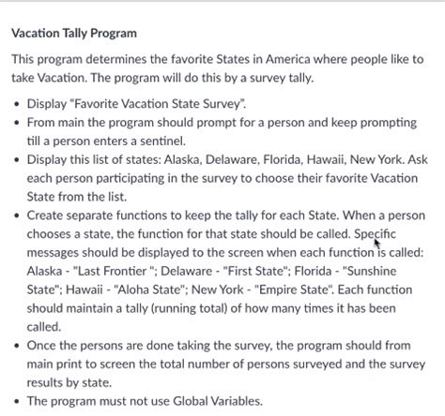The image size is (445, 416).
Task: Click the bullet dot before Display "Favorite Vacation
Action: tap(17, 103)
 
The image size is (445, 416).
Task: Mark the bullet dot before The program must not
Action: tap(17, 400)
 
